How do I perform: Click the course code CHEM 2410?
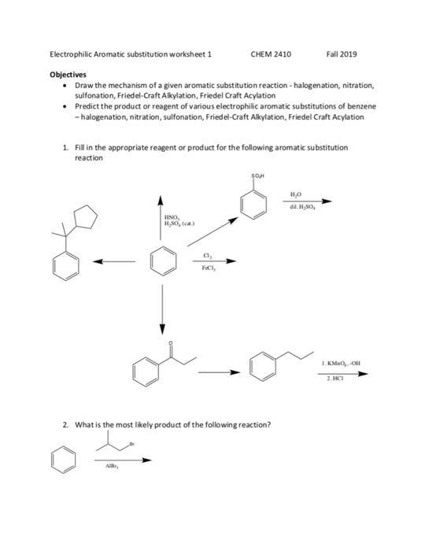point(270,54)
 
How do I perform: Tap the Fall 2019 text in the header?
point(341,54)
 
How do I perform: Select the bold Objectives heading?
point(68,75)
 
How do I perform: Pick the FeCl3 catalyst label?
point(207,268)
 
